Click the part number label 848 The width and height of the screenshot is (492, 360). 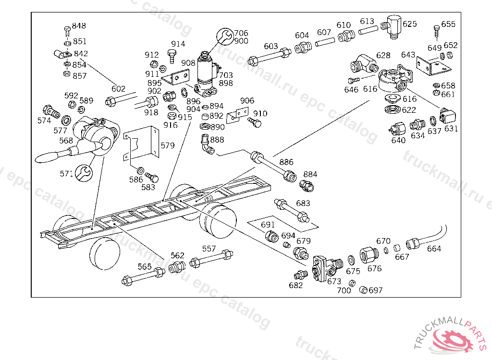79,25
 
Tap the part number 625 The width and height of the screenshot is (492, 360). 410,24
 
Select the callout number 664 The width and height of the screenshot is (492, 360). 434,249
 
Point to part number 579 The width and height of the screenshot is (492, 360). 168,145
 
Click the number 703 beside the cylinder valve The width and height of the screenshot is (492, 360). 226,75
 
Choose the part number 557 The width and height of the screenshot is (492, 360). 209,249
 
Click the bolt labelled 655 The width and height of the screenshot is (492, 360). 436,31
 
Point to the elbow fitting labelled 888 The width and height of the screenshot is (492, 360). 207,145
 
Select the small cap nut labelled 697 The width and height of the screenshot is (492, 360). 364,290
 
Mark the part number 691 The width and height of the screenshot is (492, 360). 268,225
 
